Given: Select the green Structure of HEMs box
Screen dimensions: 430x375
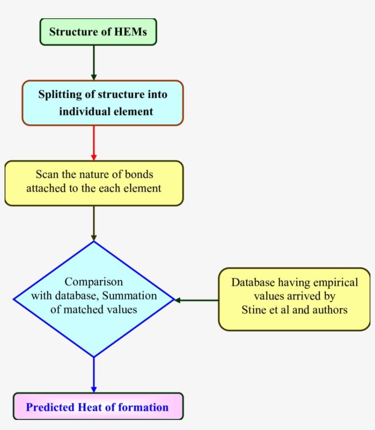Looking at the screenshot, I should (x=98, y=32).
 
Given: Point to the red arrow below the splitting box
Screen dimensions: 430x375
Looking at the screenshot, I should (x=94, y=143).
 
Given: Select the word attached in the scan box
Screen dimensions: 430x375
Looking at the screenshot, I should (x=44, y=188).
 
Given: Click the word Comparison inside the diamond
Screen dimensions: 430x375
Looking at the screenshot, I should (x=93, y=281).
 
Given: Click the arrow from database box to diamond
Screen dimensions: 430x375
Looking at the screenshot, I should (x=197, y=300).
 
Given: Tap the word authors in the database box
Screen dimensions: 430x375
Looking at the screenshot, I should (x=331, y=310).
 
